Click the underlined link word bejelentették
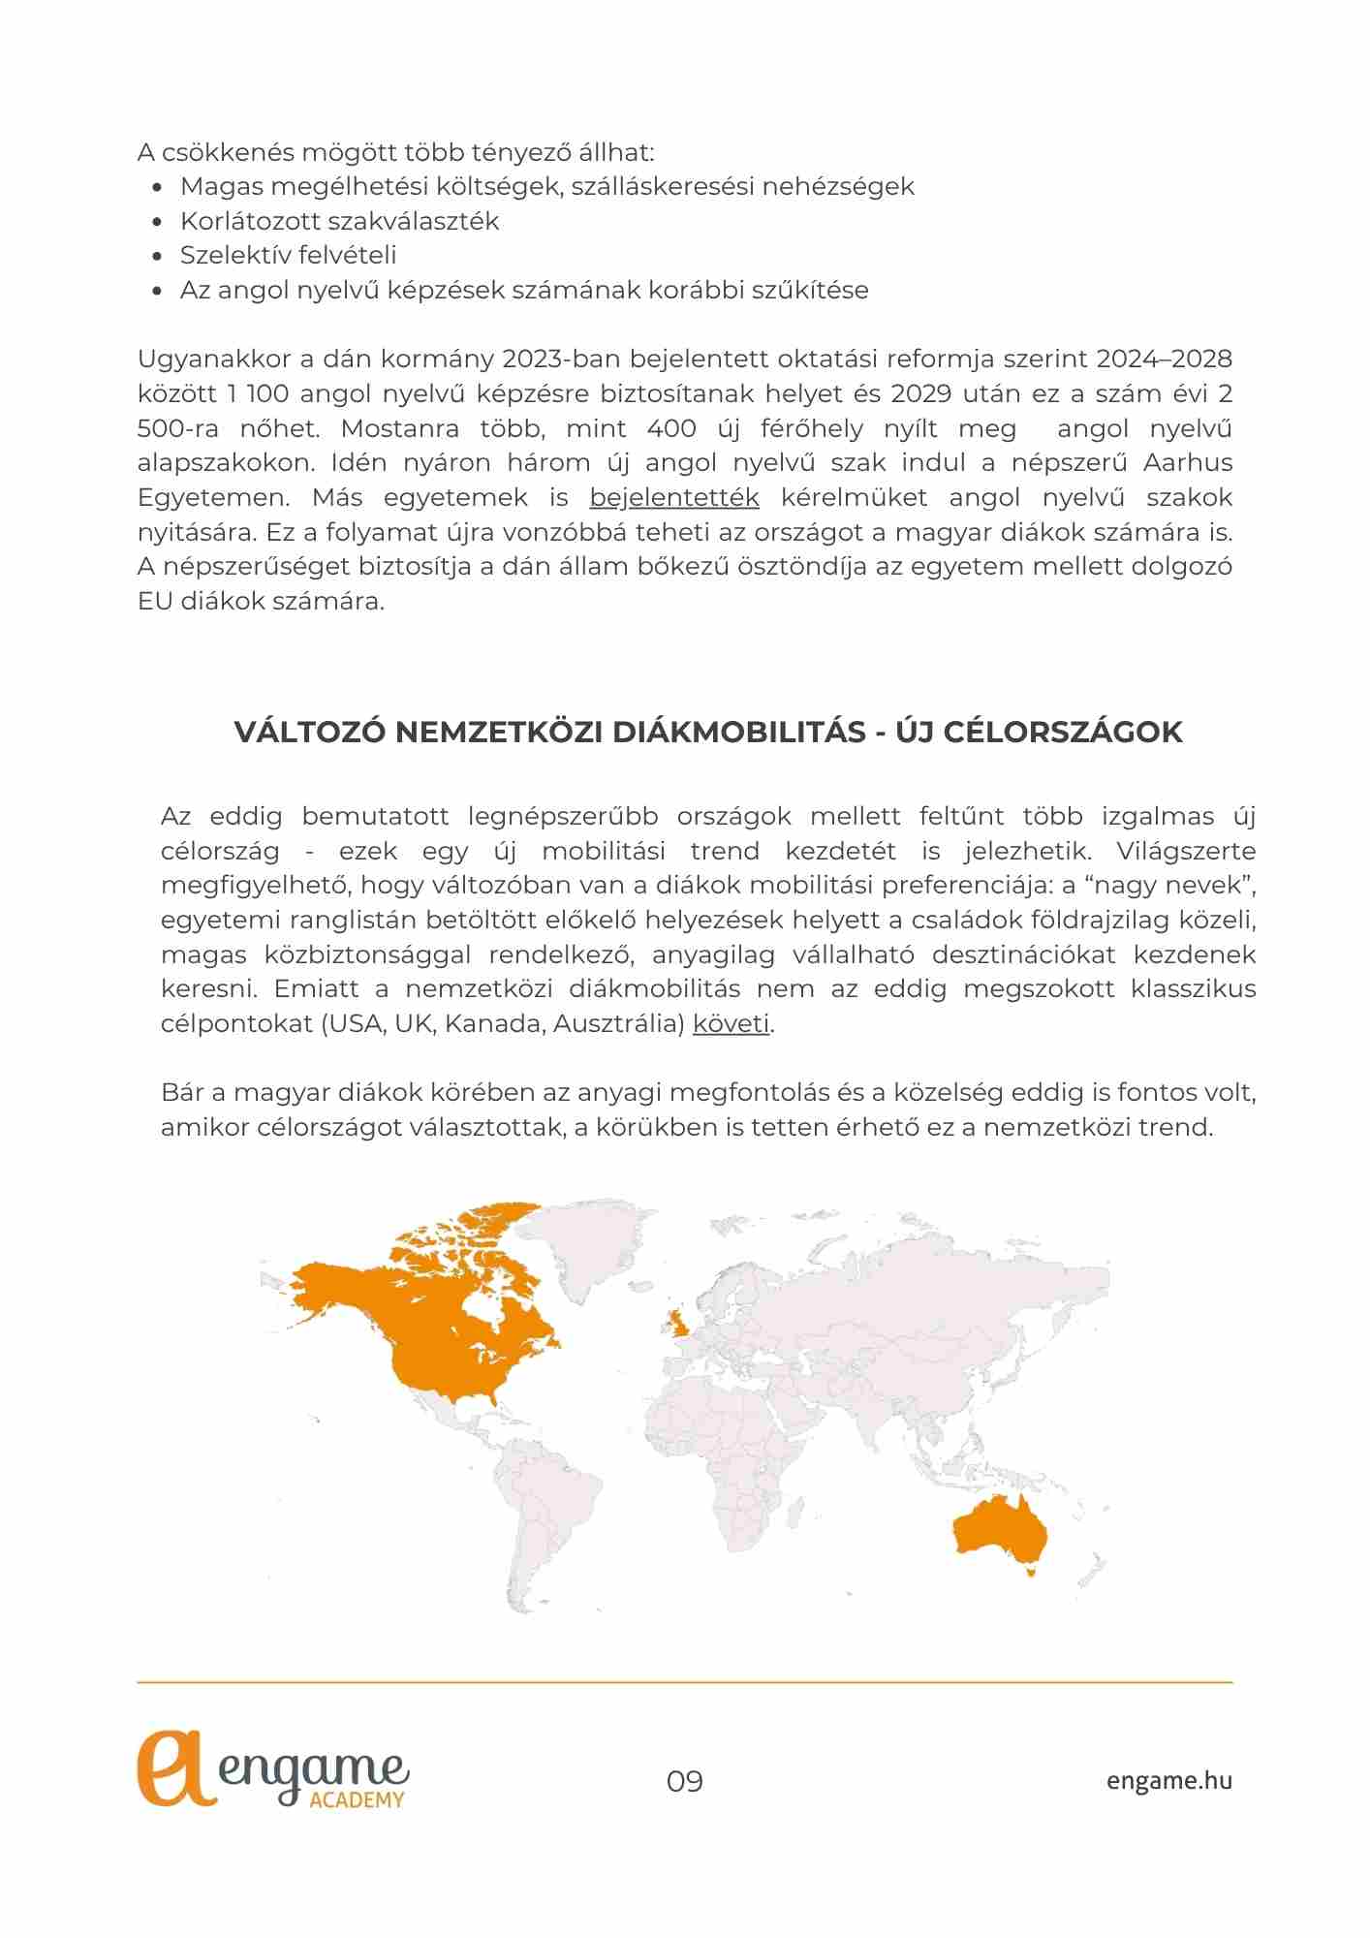point(673,498)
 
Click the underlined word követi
point(731,1024)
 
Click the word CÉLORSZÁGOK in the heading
point(1063,733)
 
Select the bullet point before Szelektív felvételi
point(158,257)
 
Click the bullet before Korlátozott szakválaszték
point(158,222)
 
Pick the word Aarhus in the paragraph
point(1188,463)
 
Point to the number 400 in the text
point(671,428)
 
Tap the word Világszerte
point(1186,852)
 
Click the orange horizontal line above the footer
point(684,1682)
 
